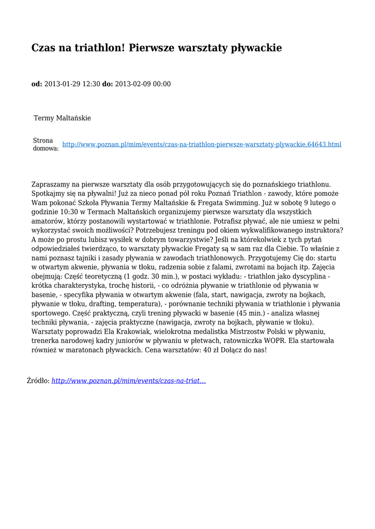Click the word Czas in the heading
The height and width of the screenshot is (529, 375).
click(43, 48)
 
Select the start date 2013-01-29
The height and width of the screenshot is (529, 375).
click(64, 84)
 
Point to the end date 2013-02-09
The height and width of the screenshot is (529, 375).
click(133, 84)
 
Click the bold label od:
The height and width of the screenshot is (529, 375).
click(37, 84)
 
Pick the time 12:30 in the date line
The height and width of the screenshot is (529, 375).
click(92, 84)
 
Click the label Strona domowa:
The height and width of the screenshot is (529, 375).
click(46, 144)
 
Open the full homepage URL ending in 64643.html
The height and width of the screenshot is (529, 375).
click(202, 144)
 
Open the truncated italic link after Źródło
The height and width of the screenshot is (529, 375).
click(129, 381)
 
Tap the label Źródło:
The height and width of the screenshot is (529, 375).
click(38, 381)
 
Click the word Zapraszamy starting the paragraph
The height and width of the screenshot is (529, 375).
click(51, 184)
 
